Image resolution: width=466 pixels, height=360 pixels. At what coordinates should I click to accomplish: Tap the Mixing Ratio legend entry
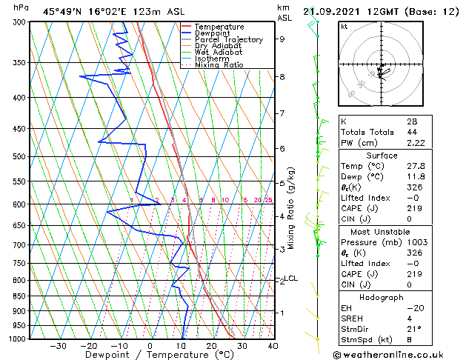(219, 65)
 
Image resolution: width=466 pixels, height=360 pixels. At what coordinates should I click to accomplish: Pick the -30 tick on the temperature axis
(58, 346)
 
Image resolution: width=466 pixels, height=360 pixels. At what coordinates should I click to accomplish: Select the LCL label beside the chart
(291, 279)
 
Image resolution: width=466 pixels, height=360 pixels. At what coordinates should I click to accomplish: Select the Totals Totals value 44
(390, 132)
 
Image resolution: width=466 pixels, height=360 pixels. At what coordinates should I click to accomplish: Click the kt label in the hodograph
(344, 27)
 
